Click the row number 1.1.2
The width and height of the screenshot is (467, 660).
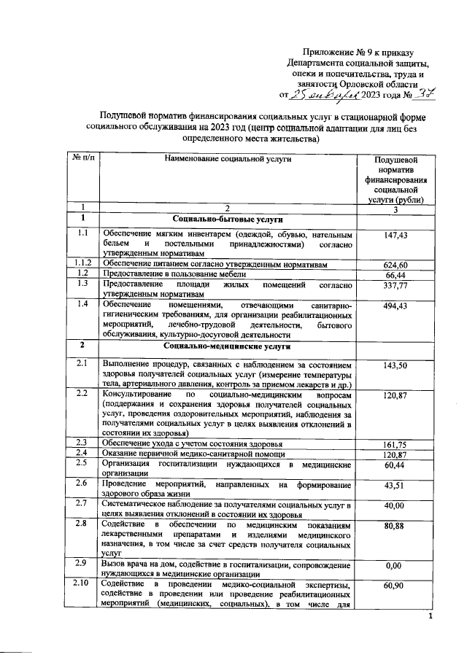click(x=82, y=263)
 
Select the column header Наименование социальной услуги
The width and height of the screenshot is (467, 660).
click(x=227, y=158)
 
